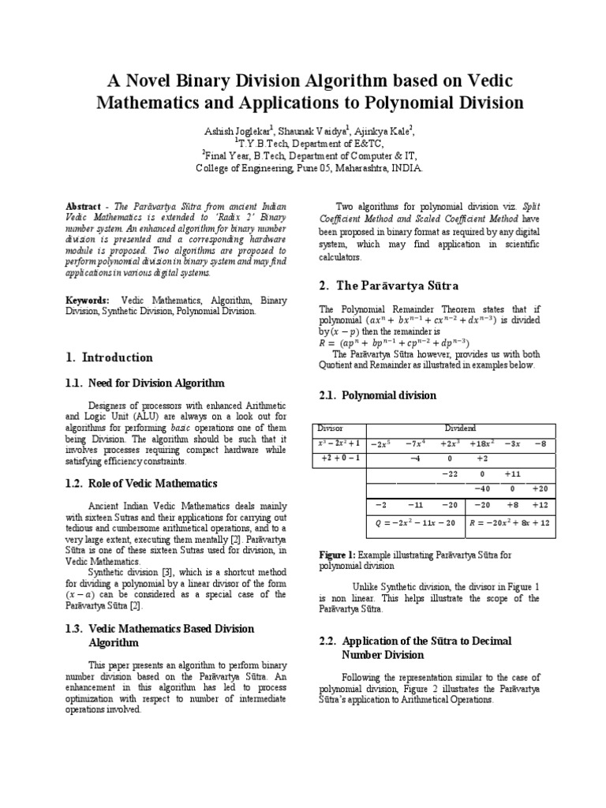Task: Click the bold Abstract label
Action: tap(82, 205)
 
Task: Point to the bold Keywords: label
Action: tap(88, 301)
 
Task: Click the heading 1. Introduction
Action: tap(109, 357)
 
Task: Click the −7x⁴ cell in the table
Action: tap(415, 444)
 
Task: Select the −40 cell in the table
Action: tap(482, 488)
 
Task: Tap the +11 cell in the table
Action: tap(512, 473)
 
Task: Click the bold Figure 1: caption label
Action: tap(337, 555)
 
